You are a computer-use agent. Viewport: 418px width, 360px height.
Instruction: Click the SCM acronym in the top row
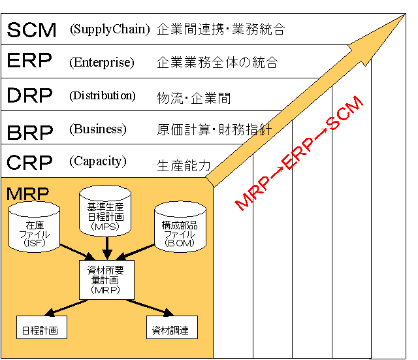(31, 29)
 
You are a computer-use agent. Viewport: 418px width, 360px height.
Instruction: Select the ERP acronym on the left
(30, 62)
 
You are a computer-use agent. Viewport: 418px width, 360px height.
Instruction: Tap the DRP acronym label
(30, 95)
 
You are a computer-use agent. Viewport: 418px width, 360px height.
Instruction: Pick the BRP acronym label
(30, 131)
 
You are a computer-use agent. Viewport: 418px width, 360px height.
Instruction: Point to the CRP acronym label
(30, 162)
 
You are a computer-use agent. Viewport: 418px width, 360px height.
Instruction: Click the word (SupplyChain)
(110, 29)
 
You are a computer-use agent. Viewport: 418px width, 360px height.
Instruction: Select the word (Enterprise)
(102, 63)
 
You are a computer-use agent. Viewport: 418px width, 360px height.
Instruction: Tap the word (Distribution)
(103, 95)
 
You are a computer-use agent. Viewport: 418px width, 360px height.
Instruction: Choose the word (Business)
(98, 129)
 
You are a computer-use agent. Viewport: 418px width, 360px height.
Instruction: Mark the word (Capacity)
(98, 161)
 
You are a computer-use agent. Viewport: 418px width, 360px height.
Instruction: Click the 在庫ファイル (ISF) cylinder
(35, 228)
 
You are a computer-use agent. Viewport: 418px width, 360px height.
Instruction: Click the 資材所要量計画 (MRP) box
(106, 279)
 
